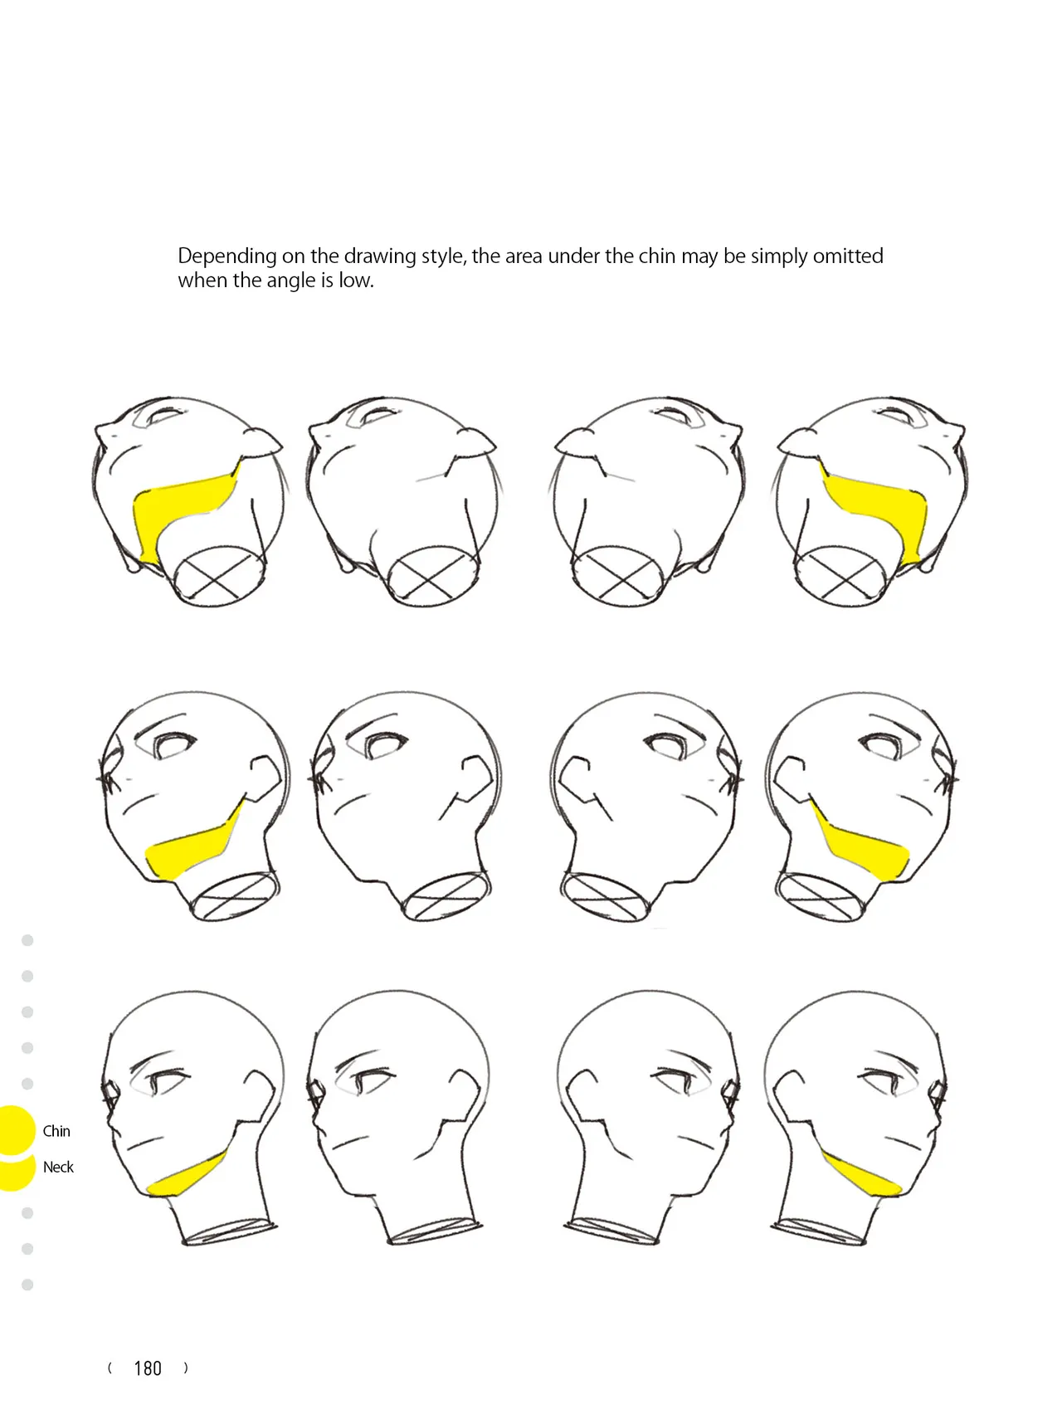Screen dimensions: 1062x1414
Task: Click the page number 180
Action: tap(148, 1368)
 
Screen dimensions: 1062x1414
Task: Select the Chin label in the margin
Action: tap(56, 1131)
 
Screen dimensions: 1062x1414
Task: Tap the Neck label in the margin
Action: tap(58, 1167)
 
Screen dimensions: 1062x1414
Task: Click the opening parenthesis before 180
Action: tap(110, 1368)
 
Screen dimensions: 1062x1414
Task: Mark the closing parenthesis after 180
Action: tap(186, 1368)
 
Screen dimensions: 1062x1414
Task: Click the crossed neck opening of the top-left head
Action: tap(222, 573)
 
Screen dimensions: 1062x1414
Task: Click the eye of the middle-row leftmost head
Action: tap(174, 746)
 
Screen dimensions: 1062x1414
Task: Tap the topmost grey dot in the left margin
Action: tap(27, 940)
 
